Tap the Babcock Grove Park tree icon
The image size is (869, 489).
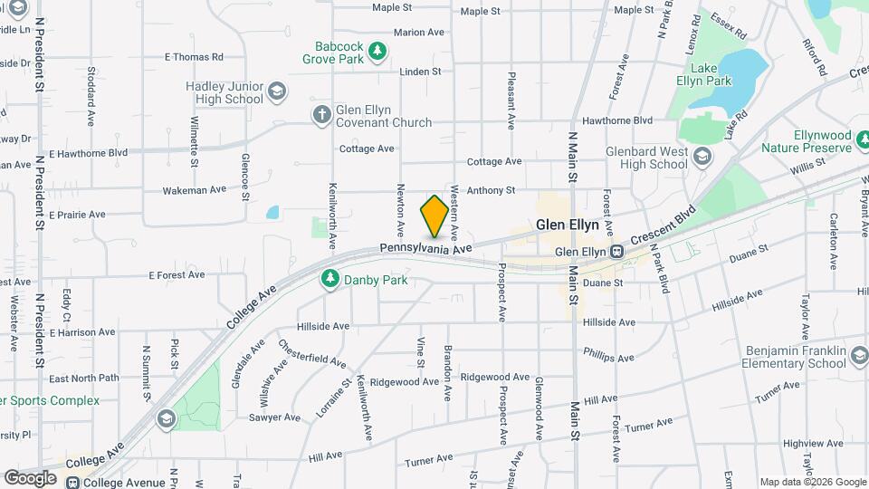(x=377, y=53)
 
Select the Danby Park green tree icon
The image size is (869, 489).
(x=332, y=280)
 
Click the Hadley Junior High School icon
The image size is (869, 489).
(x=276, y=92)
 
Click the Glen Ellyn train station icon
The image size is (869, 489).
(x=616, y=252)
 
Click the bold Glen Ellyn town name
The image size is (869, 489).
(x=568, y=225)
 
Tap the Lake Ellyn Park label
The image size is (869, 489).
(x=711, y=74)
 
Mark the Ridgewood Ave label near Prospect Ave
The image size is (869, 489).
(x=495, y=377)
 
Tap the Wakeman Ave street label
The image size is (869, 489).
(x=194, y=190)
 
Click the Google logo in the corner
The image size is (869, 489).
(x=31, y=477)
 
